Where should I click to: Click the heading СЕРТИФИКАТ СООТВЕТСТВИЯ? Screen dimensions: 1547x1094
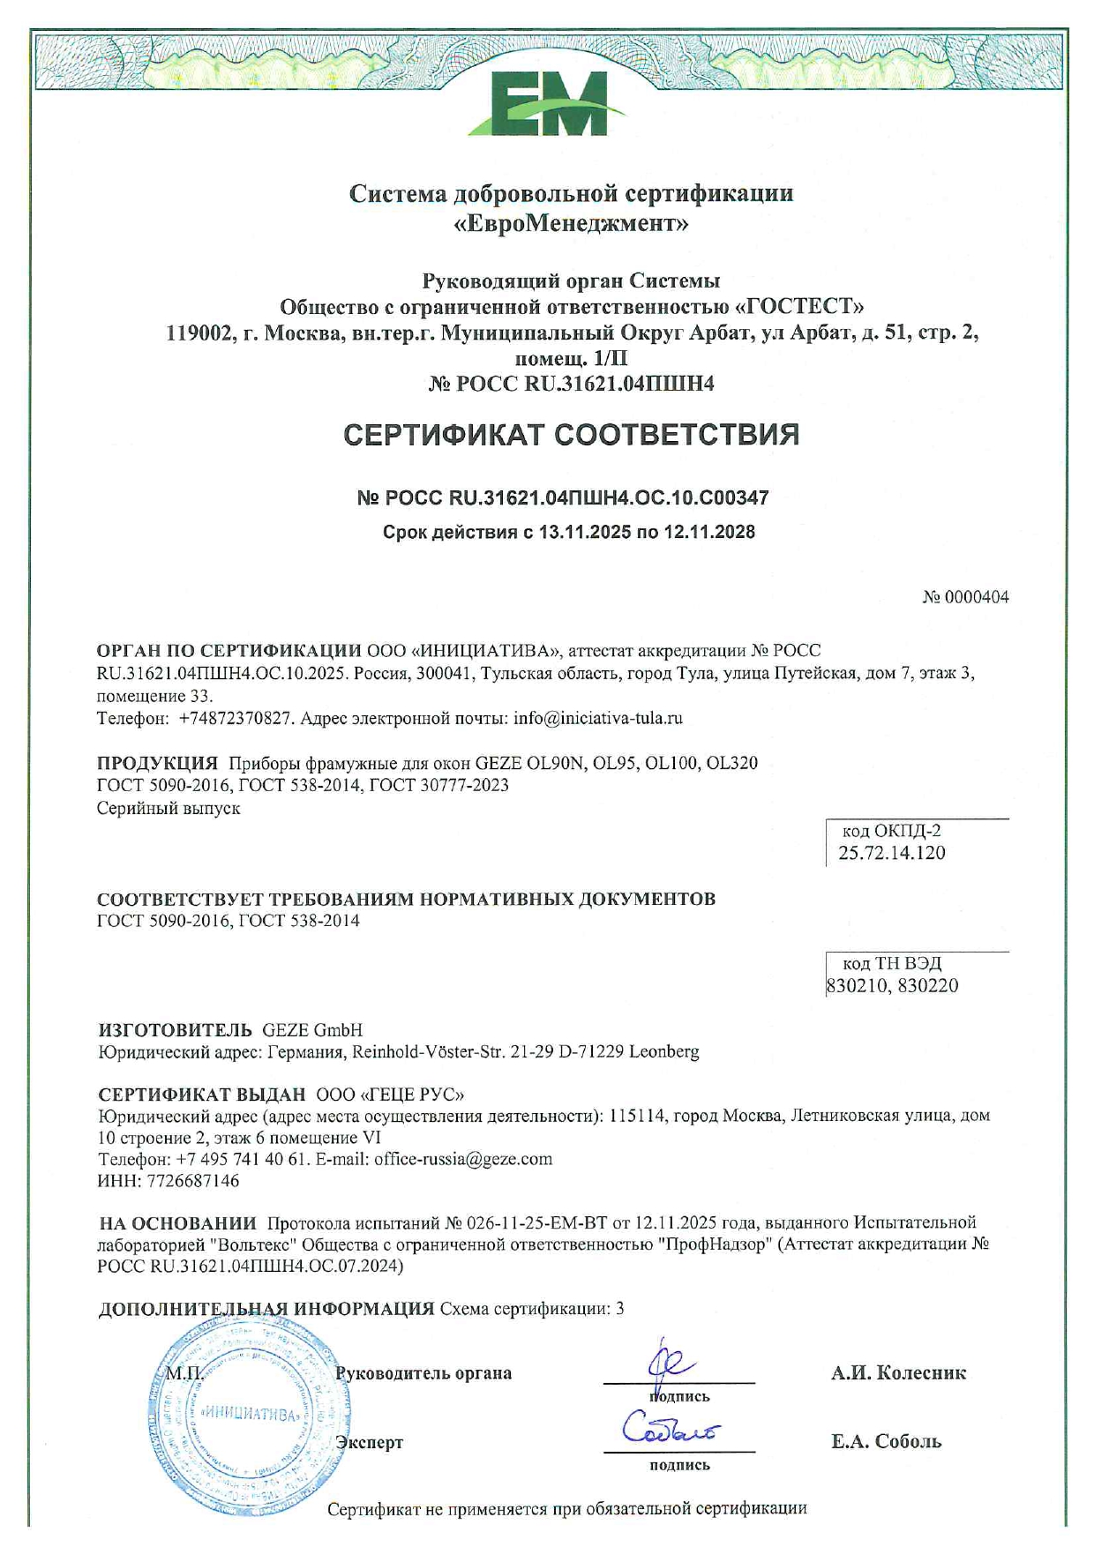(x=571, y=435)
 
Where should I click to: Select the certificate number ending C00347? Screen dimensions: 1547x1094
(x=562, y=497)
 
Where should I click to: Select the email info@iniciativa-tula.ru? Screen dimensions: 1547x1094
(x=598, y=718)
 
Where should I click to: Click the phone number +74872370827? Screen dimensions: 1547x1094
(x=235, y=718)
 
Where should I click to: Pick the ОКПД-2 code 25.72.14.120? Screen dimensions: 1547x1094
(x=891, y=853)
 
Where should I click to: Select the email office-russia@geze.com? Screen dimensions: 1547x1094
(x=463, y=1159)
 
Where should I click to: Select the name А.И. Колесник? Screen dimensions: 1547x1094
(x=898, y=1373)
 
